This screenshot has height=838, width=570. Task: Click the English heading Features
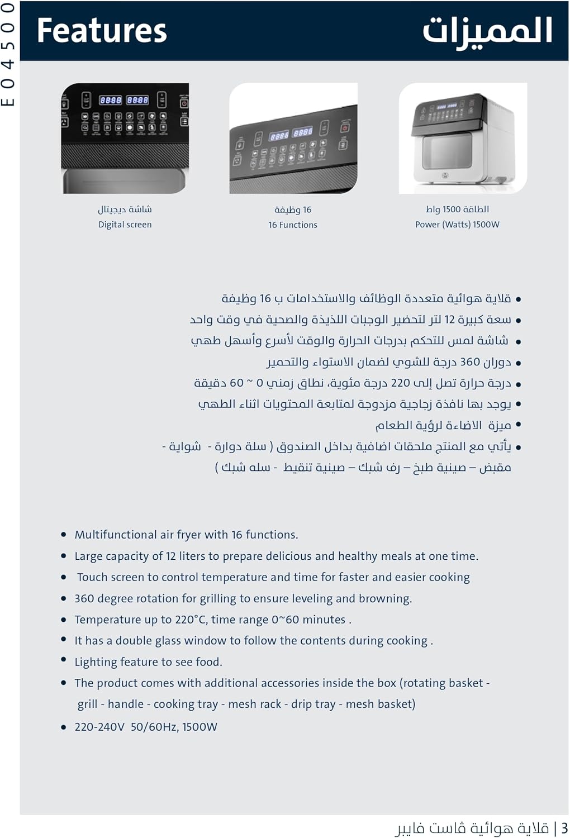point(101,31)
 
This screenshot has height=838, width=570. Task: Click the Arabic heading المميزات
point(487,31)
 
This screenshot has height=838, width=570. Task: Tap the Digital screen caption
point(125,225)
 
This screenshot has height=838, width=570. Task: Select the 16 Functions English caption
point(292,225)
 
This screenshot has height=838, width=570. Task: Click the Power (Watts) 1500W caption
point(457,225)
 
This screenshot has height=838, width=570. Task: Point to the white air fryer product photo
point(463,139)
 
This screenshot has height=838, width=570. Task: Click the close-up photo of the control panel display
point(125,139)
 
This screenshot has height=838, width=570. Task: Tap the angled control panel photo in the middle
point(293,139)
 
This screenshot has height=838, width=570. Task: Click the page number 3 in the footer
point(564,827)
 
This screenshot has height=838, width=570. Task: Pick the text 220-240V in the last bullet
point(99,727)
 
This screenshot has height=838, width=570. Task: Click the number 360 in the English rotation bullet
point(84,598)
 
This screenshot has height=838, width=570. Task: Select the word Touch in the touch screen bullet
point(91,577)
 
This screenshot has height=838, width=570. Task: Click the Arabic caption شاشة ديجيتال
point(125,209)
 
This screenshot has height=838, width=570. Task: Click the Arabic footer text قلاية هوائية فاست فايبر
point(472,827)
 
